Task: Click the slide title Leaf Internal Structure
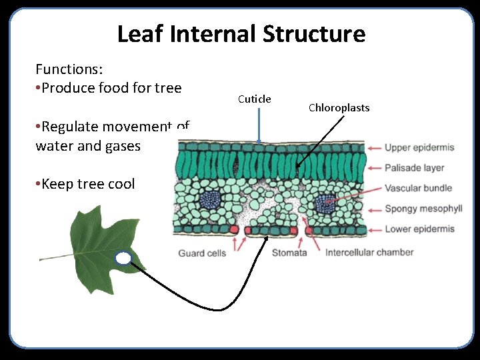pos(241,33)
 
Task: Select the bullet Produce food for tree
pos(111,88)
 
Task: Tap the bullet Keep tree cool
pos(87,184)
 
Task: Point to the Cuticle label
pos(254,99)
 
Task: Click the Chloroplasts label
pos(339,108)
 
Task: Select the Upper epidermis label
pos(419,147)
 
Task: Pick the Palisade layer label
pos(414,167)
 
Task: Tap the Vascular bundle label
pos(418,188)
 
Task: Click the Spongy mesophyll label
pos(423,209)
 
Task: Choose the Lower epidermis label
pos(419,229)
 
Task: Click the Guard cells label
pos(202,253)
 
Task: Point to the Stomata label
pos(289,253)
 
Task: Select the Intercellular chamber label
pos(369,253)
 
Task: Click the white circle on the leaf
pos(123,259)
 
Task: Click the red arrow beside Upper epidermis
pos(374,147)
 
